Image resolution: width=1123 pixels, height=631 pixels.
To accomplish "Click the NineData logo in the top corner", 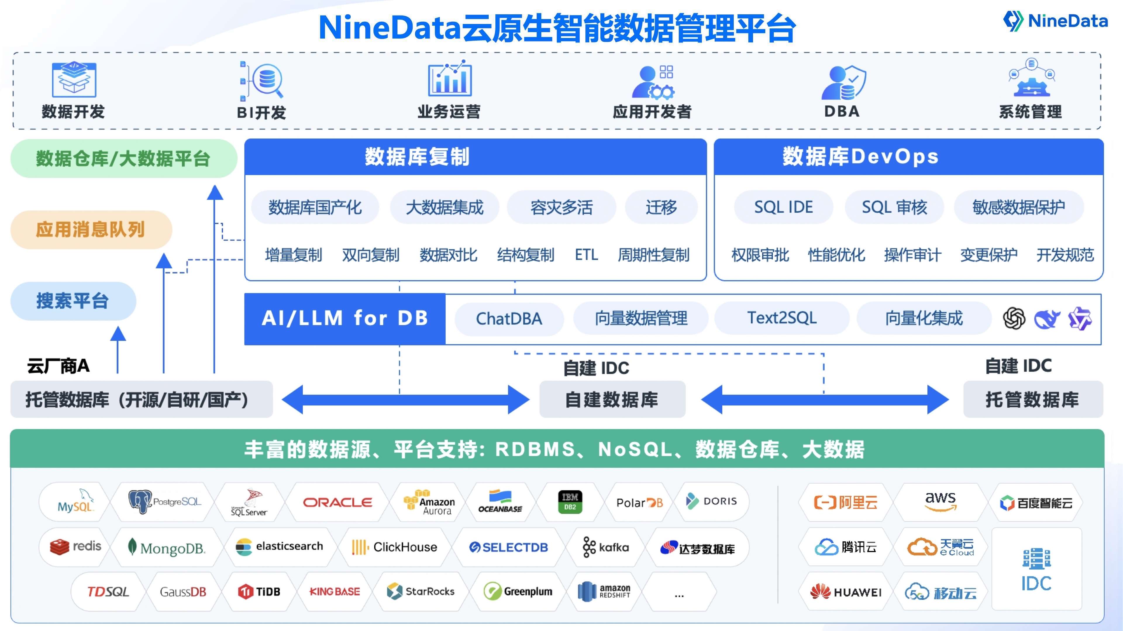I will (1055, 20).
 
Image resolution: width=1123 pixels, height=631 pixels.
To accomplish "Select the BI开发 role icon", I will (261, 81).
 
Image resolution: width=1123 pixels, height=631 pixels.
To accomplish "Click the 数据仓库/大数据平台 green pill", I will (123, 159).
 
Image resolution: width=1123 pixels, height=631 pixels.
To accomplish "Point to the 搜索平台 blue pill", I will (73, 301).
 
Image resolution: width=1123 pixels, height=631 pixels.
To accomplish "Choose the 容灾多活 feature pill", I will (561, 207).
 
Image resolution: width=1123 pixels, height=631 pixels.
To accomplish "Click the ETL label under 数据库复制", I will (586, 255).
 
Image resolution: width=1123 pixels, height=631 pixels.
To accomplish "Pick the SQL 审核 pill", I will (894, 207).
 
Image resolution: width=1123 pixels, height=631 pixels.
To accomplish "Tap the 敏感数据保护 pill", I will (1018, 207).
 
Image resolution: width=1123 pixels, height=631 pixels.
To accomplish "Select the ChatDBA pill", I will (509, 319).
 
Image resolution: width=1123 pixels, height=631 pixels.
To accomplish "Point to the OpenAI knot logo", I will (1014, 319).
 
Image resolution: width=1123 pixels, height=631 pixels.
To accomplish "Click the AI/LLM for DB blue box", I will (345, 319).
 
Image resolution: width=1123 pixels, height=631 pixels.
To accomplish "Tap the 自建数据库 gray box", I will (612, 399).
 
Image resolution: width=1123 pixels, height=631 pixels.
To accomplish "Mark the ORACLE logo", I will (337, 502).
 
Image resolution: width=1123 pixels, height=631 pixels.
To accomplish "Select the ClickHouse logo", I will (395, 547).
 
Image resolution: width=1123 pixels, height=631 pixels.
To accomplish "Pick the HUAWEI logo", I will (846, 592).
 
